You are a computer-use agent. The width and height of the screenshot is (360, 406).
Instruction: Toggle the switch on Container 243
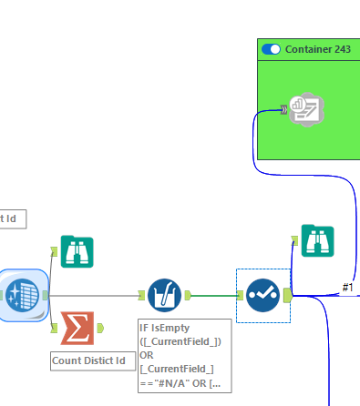pos(271,48)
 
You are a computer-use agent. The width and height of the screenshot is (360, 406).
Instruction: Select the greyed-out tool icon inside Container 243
pos(307,110)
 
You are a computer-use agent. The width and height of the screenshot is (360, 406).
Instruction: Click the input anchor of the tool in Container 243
pos(284,110)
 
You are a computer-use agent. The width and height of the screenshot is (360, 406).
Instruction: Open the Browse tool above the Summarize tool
pos(77,249)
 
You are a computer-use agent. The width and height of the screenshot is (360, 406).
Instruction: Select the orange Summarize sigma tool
pos(77,328)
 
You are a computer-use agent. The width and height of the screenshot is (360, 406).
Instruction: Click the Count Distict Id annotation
pos(87,361)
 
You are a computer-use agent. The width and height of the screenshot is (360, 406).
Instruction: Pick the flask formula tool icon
pos(164,295)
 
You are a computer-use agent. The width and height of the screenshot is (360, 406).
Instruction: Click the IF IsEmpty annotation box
pos(184,355)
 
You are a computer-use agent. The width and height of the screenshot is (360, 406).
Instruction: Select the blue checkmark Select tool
pos(263,295)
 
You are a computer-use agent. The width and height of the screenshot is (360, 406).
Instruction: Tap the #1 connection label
pos(347,288)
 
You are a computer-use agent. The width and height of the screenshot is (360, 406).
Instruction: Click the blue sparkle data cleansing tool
pos(22,294)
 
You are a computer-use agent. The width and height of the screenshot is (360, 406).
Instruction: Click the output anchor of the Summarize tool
pos(100,328)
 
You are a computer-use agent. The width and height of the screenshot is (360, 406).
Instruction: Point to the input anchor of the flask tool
pos(141,295)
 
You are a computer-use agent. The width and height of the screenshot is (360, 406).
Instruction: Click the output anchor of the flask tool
pos(187,295)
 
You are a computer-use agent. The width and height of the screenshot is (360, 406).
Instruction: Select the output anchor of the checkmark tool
pos(287,295)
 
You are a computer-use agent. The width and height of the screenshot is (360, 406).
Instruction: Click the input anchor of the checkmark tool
pos(241,295)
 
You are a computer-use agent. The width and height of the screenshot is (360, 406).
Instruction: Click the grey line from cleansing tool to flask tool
pos(91,294)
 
